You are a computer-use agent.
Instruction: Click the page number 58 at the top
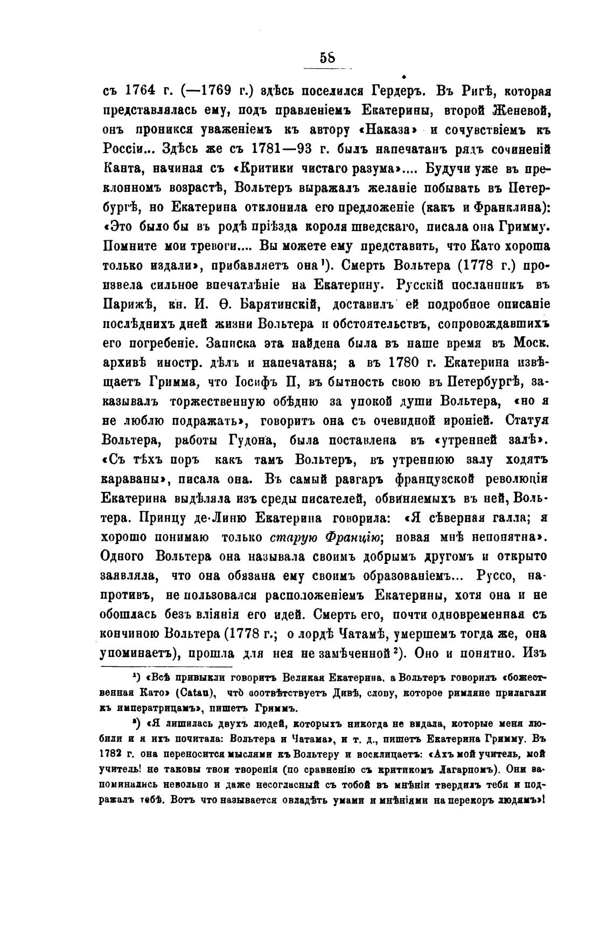tap(327, 57)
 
